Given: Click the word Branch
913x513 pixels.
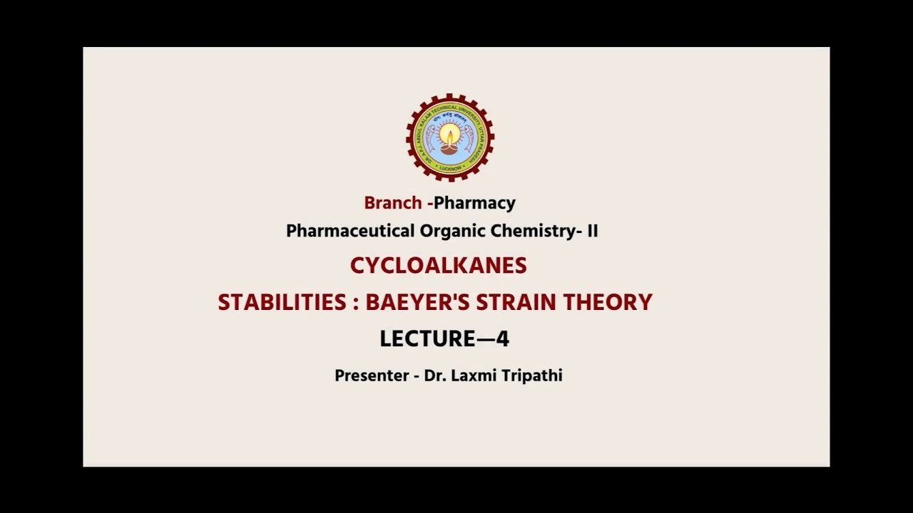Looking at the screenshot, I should tap(392, 202).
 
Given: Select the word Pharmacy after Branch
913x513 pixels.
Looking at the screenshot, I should tap(474, 203).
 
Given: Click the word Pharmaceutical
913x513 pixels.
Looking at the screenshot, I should tap(350, 231).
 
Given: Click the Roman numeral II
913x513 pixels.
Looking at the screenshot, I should tap(592, 231).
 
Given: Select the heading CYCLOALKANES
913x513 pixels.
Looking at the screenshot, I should tap(438, 266).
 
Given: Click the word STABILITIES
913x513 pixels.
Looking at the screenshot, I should tap(282, 302).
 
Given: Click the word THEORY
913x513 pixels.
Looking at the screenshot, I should tap(608, 302).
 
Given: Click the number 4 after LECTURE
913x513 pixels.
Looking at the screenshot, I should tap(502, 339).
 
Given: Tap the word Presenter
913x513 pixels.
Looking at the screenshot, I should tap(371, 375).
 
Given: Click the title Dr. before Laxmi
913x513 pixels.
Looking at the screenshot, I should tap(434, 375).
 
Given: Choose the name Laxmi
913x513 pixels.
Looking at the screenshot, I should tap(470, 375).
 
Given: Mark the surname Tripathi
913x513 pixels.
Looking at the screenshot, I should tap(531, 375).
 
